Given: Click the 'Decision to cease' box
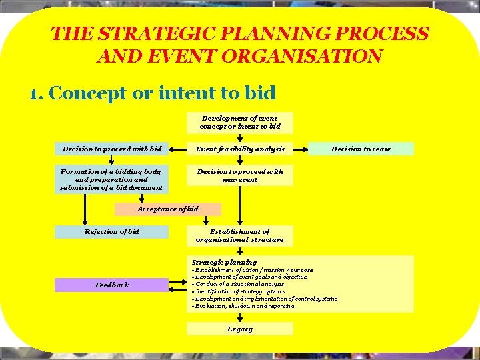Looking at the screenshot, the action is pyautogui.click(x=361, y=149).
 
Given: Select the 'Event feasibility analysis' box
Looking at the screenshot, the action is pyautogui.click(x=240, y=149).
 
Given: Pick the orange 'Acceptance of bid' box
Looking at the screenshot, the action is pyautogui.click(x=167, y=209).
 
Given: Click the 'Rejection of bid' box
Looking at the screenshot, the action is pyautogui.click(x=111, y=232).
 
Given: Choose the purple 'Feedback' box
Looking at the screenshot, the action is pyautogui.click(x=111, y=285).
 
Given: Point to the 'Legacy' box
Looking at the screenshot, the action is pyautogui.click(x=240, y=329).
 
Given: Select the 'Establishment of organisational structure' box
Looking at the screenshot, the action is pyautogui.click(x=240, y=235).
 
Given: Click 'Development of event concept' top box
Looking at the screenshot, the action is pyautogui.click(x=240, y=122).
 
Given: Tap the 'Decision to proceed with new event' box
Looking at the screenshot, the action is pyautogui.click(x=240, y=175).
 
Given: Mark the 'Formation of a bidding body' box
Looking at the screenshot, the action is pyautogui.click(x=111, y=179).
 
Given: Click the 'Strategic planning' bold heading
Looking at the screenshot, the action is pyautogui.click(x=224, y=262).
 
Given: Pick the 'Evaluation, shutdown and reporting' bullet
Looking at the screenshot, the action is pyautogui.click(x=244, y=306).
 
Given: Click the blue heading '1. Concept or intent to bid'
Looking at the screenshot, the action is pyautogui.click(x=153, y=93).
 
